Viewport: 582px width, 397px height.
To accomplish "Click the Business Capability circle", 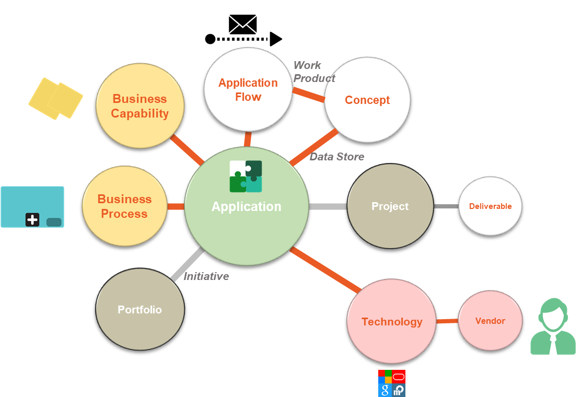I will (140, 106).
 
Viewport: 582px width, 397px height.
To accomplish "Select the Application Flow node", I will (248, 89).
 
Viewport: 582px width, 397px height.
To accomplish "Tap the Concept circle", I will (367, 100).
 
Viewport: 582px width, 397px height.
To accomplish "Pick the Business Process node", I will (124, 206).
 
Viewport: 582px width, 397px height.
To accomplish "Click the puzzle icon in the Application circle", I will (246, 177).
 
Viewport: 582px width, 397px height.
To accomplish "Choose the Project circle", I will (390, 206).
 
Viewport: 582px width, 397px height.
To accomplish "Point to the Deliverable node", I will (490, 206).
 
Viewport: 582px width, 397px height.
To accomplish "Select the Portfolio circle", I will (140, 310).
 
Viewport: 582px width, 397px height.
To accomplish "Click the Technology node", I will (391, 322).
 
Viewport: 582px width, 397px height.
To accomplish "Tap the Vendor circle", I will (490, 321).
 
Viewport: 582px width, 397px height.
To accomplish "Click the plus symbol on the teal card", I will (32, 220).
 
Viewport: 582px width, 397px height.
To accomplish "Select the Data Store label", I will (337, 157).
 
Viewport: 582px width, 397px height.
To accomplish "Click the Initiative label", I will (206, 276).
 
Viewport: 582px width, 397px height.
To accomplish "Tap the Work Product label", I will (313, 72).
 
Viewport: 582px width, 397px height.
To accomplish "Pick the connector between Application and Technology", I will (325, 270).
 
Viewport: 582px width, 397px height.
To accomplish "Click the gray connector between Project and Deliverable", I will (446, 206).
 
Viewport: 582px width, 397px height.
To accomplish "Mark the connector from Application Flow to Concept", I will (308, 95).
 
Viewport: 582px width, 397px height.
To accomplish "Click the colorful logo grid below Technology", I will (392, 383).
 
